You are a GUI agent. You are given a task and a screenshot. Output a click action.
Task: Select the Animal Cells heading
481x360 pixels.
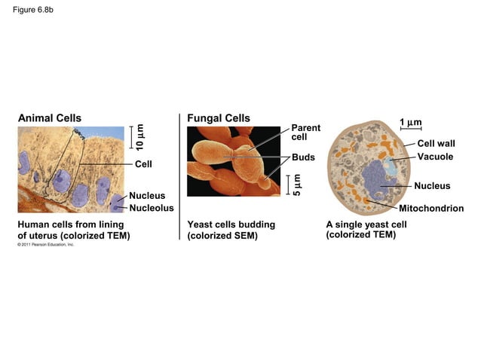point(50,117)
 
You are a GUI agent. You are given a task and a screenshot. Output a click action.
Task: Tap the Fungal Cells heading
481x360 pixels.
point(219,117)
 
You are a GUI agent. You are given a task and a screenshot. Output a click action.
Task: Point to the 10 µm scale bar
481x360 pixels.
point(131,136)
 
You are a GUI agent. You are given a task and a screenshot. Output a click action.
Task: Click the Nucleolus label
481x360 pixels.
point(152,208)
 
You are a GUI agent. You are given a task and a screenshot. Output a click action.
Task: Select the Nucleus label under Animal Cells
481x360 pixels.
point(147,196)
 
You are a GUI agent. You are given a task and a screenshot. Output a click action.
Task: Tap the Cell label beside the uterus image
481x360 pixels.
point(143,163)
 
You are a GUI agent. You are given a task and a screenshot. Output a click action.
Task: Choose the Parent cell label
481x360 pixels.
point(305,133)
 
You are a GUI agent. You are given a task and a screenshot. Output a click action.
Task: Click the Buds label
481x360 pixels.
point(303,157)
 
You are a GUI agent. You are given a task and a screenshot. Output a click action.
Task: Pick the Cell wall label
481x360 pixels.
point(436,143)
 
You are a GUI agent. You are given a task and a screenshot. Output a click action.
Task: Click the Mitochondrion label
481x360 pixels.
point(430,208)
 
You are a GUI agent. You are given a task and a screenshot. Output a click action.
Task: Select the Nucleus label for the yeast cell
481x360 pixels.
point(432,185)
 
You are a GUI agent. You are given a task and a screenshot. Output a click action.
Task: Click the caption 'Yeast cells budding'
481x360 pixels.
point(231,224)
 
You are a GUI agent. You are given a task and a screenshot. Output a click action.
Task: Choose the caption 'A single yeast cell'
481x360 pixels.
point(366,224)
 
